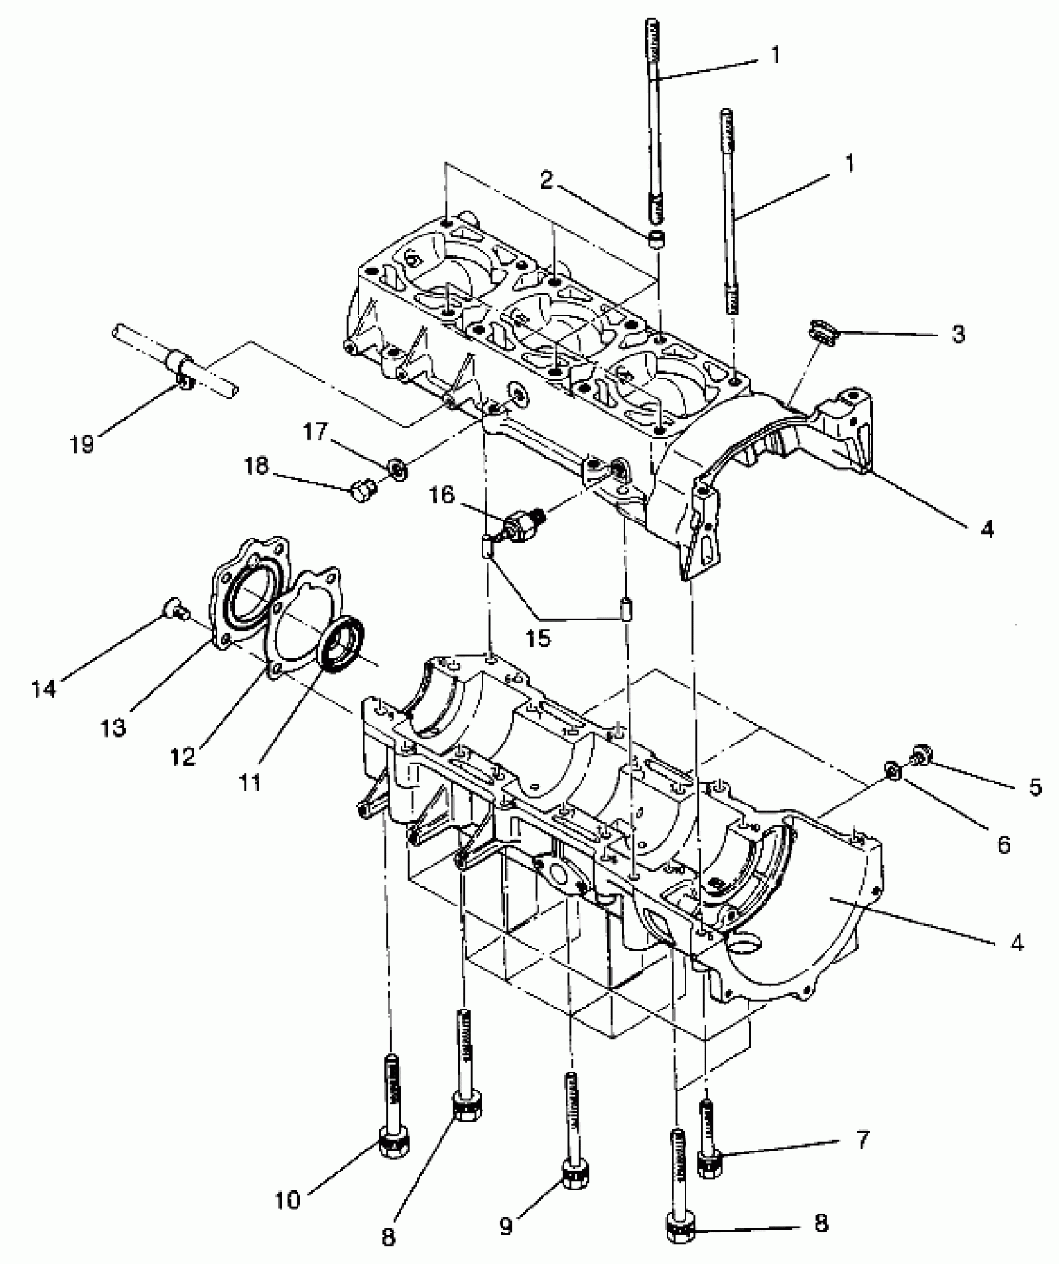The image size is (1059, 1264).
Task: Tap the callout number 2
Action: click(546, 180)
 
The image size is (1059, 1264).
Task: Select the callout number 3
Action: click(958, 334)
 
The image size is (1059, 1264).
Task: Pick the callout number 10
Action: click(288, 1199)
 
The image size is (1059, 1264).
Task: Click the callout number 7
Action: click(862, 1140)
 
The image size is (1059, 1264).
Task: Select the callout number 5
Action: click(1034, 787)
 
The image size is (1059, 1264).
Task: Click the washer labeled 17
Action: click(397, 467)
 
